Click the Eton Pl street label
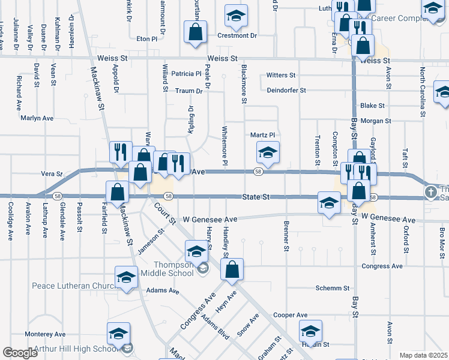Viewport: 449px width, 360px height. click(x=146, y=38)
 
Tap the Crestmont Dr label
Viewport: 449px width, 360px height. click(x=237, y=35)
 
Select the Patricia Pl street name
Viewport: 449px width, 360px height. click(x=186, y=74)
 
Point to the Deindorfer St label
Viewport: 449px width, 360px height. click(x=287, y=91)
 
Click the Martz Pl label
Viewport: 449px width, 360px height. click(x=263, y=135)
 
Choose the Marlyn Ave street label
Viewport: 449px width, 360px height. click(x=38, y=118)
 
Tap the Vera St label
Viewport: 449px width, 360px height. click(x=52, y=173)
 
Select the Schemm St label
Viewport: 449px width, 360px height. click(x=333, y=288)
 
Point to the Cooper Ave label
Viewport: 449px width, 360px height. click(x=290, y=314)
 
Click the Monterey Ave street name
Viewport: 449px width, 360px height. click(x=45, y=334)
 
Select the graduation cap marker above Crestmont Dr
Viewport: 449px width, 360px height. click(x=237, y=16)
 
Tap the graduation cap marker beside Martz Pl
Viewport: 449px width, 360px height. click(x=268, y=152)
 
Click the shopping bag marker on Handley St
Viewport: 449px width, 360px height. click(x=232, y=269)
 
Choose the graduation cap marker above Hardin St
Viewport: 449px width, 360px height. click(x=310, y=331)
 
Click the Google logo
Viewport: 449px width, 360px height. click(x=20, y=353)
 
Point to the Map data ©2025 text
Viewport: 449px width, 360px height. click(x=423, y=355)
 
